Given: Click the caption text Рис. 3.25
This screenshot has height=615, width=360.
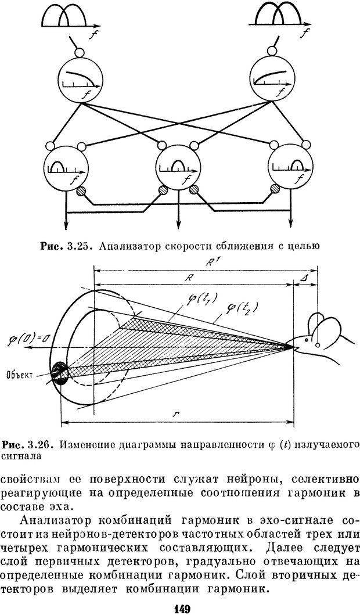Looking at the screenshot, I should point(64,246).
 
